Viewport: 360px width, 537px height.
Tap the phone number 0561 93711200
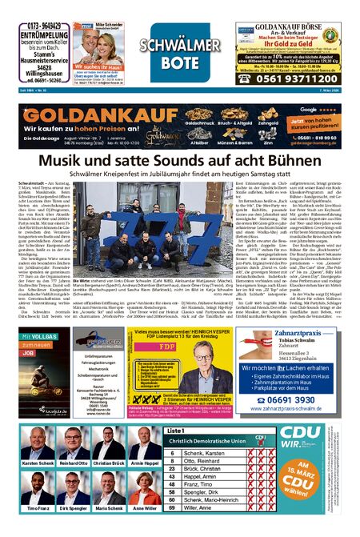point(299,78)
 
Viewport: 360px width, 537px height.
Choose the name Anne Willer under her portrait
point(145,507)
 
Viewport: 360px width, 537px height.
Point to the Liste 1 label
point(177,431)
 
